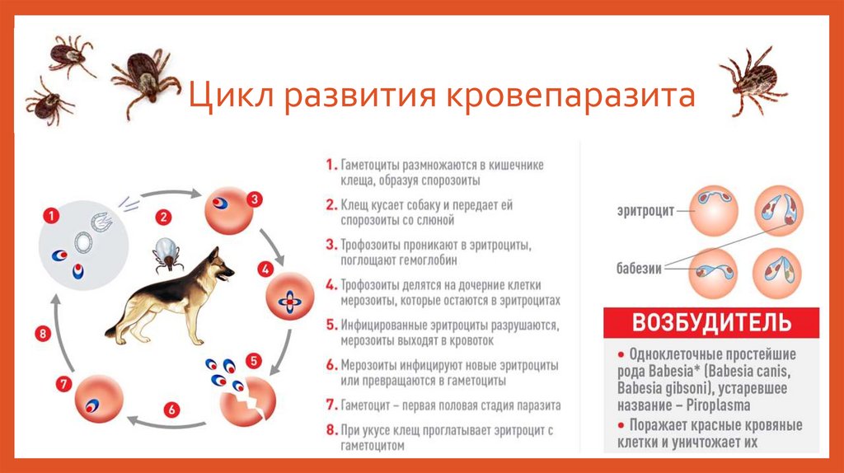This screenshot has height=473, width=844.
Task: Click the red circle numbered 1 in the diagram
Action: coord(52,217)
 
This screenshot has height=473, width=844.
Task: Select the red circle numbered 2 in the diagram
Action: coord(164,218)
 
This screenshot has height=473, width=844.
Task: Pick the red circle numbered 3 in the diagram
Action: coord(256,199)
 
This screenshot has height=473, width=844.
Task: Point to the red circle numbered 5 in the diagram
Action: coord(254,360)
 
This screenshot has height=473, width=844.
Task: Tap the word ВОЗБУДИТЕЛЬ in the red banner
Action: coord(711,321)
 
